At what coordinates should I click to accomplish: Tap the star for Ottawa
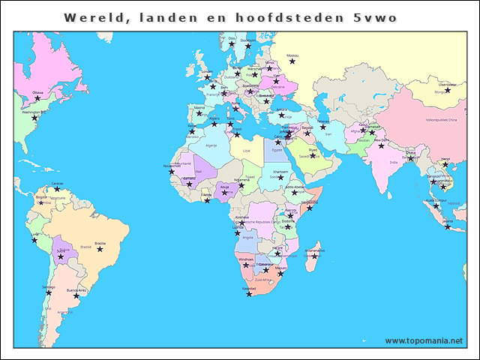[37, 98]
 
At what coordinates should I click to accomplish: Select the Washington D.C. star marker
[34, 118]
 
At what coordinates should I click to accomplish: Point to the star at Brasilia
[100, 248]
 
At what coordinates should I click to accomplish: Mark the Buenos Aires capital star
[76, 295]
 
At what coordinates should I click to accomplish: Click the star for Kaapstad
[249, 293]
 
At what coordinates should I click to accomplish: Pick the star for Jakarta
[447, 226]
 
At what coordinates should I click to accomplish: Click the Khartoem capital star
[280, 178]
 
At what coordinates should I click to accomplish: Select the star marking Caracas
[57, 189]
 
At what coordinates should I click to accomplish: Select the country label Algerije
[211, 146]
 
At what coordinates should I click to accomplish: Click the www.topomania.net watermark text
[423, 340]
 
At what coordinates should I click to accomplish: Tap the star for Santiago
[48, 292]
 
